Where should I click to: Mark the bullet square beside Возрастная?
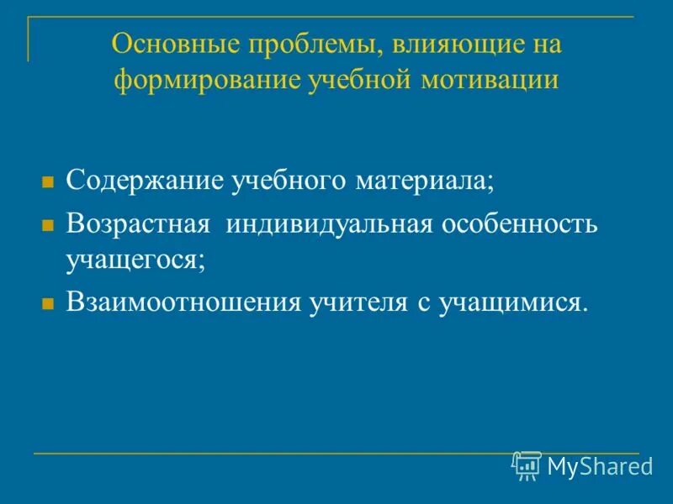click(x=48, y=225)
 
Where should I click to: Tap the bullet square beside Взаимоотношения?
click(x=48, y=301)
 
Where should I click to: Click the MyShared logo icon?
click(x=527, y=465)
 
